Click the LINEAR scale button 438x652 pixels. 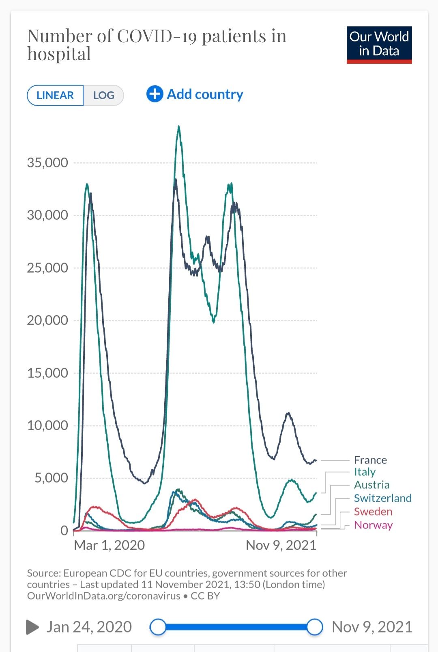tap(55, 95)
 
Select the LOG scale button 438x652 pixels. tap(103, 95)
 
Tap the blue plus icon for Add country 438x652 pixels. tap(155, 94)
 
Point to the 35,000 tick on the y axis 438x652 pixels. tap(47, 162)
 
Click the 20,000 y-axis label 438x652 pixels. tap(47, 320)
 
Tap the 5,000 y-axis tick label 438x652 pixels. tap(51, 478)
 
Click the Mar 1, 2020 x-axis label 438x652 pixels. tap(109, 545)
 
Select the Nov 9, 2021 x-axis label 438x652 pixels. tap(281, 545)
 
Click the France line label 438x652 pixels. tap(370, 460)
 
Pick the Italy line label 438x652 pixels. tap(365, 472)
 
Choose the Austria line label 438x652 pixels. tap(371, 485)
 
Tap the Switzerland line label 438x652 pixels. tap(382, 498)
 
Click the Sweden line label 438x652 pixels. tap(373, 511)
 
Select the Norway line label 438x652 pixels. tap(373, 525)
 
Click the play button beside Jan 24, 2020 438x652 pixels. tap(32, 627)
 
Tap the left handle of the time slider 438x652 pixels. tap(158, 627)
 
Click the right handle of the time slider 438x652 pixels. tap(314, 627)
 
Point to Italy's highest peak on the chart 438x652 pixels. tap(178, 127)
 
